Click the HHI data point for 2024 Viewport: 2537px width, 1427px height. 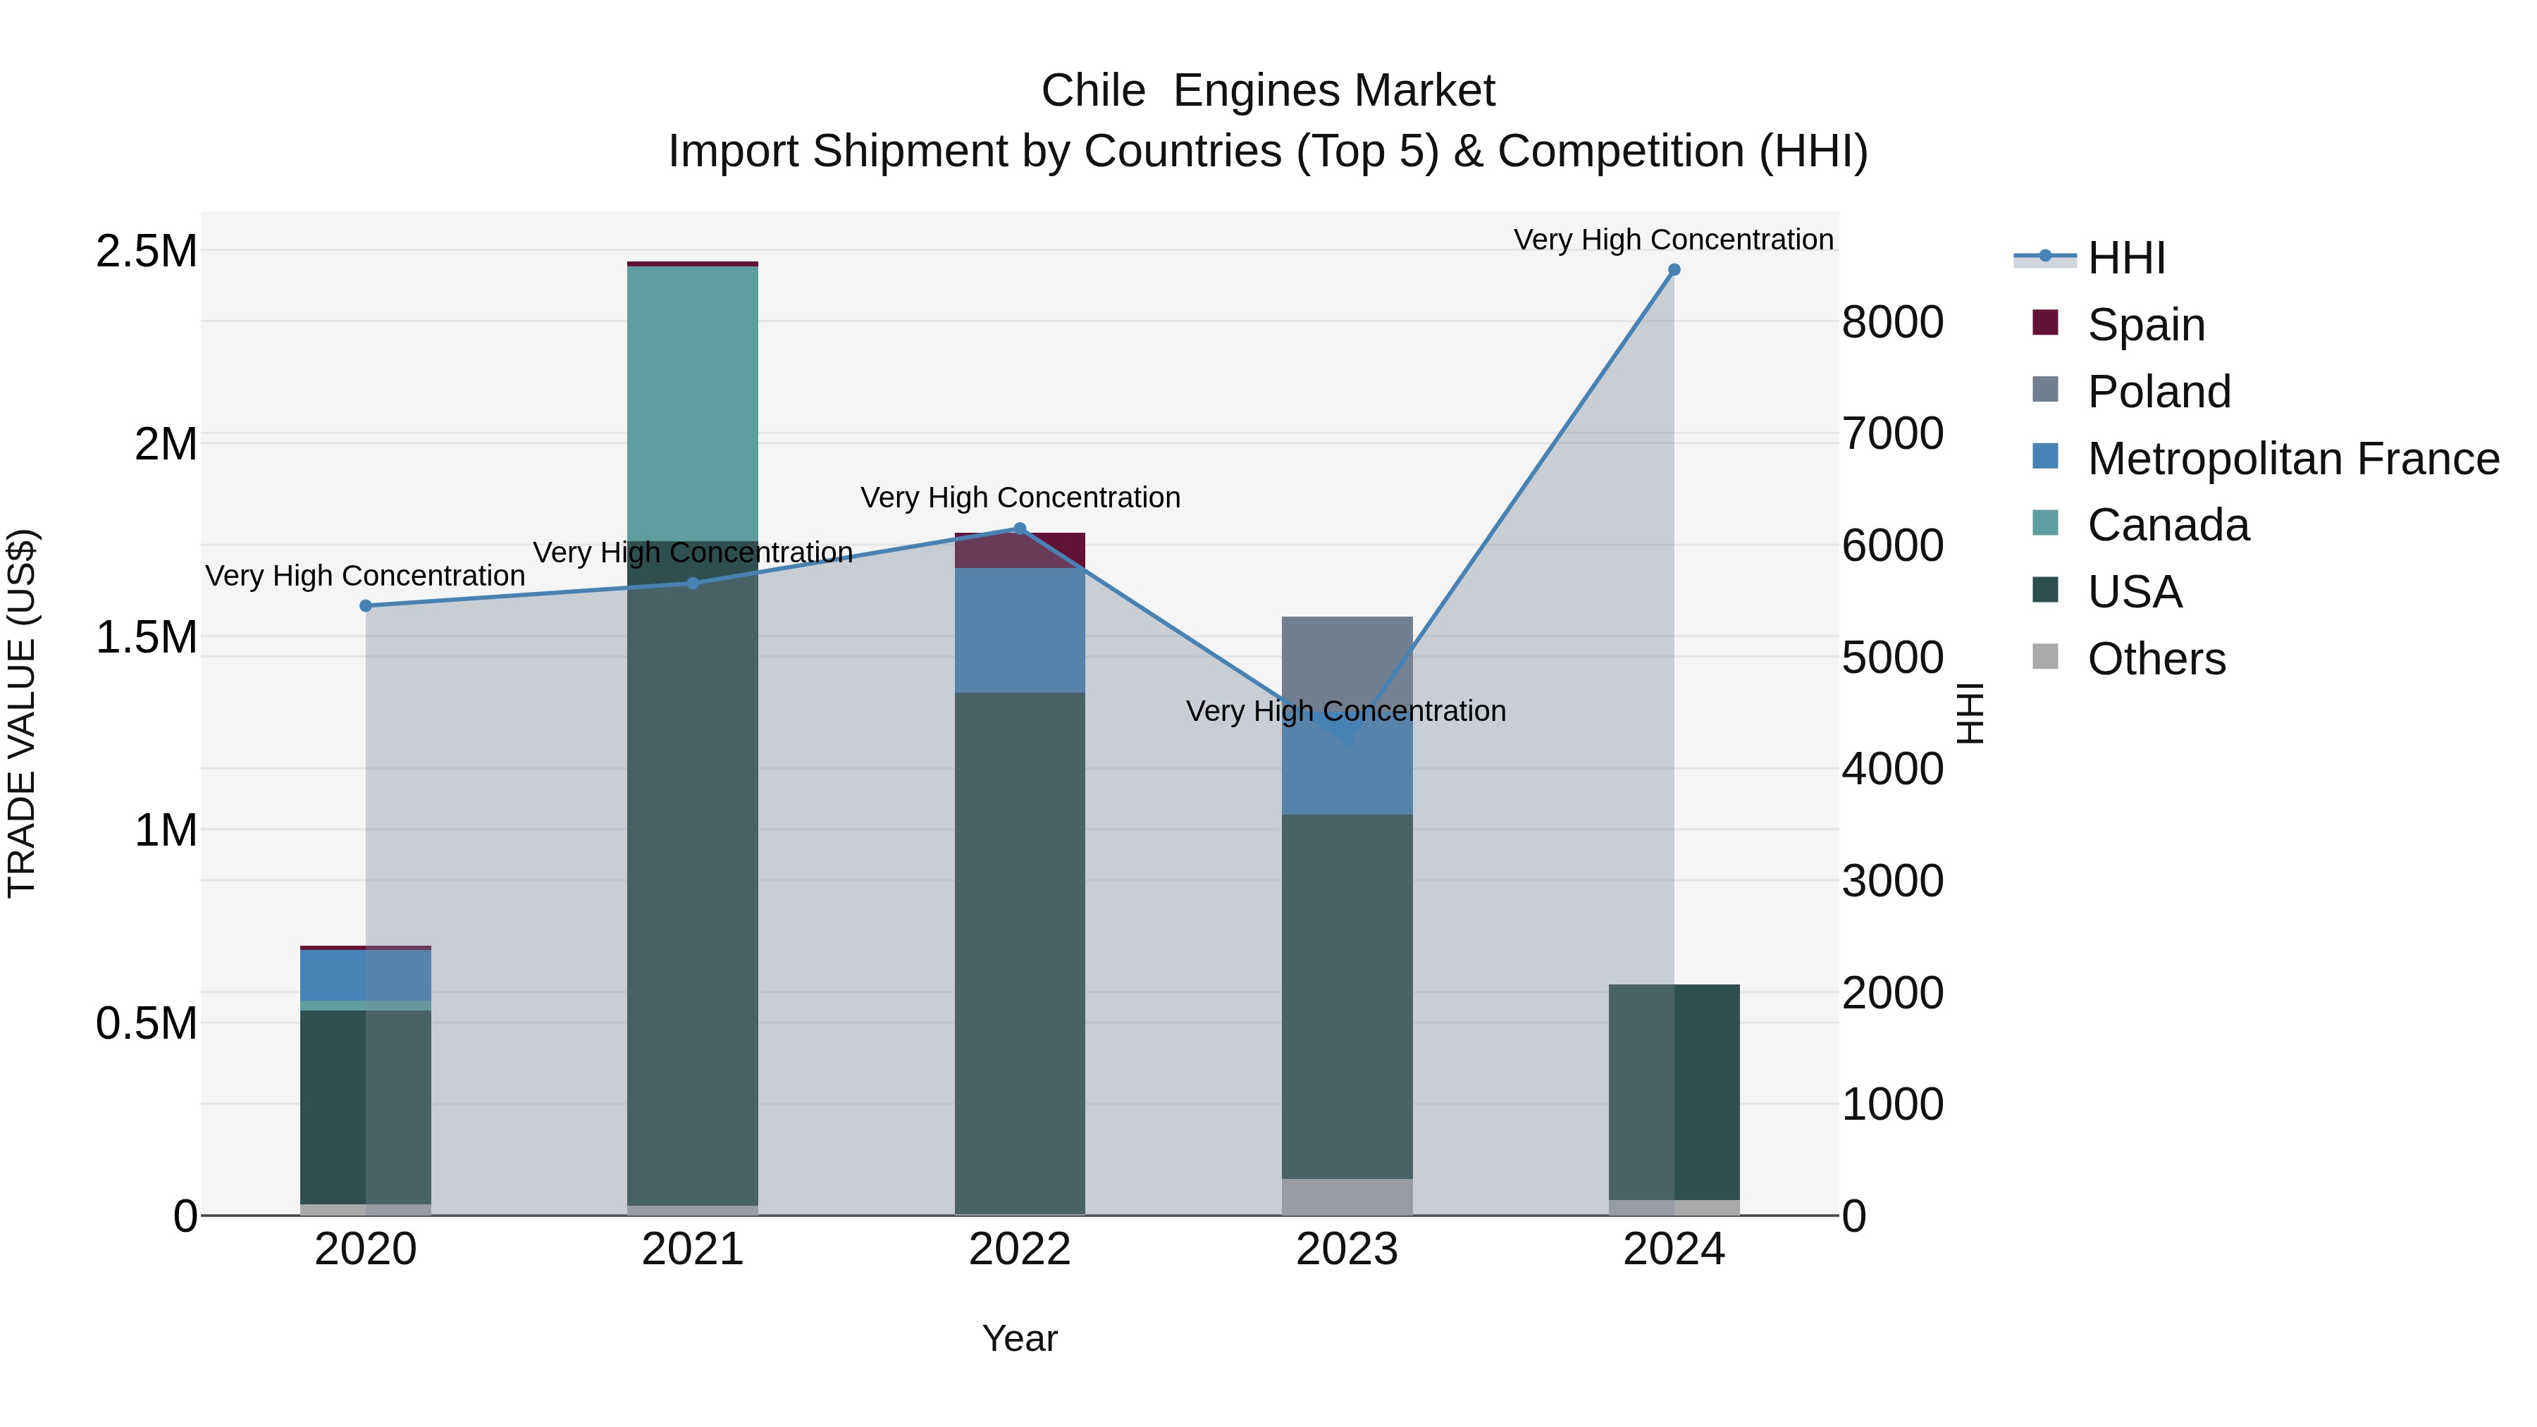(1673, 270)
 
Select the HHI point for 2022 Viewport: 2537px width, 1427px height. (1019, 529)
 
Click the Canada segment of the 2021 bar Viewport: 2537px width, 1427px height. (692, 404)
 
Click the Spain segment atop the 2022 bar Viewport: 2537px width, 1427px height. (1019, 550)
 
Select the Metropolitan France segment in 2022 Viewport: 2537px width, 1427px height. (1019, 630)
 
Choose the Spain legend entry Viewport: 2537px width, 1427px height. (2145, 325)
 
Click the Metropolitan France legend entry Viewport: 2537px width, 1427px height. (2292, 459)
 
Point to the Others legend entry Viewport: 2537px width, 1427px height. (2156, 659)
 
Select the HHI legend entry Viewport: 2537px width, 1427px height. (2125, 258)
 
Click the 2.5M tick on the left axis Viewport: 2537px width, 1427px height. (146, 251)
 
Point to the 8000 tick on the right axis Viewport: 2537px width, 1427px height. (1892, 322)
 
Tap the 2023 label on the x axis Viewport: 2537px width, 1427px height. (1346, 1249)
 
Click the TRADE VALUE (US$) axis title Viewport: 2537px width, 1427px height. (22, 713)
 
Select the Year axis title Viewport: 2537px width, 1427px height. (1019, 1338)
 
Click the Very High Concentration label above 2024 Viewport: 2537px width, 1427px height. (1672, 240)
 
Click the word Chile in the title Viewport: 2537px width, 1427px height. (1092, 91)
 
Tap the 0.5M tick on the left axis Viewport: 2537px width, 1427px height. (146, 1023)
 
